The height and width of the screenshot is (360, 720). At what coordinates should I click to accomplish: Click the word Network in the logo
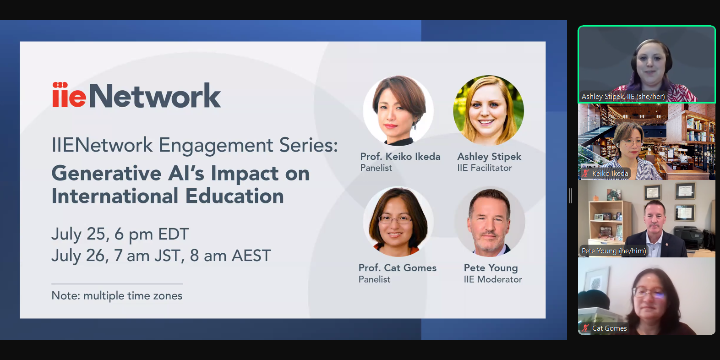(x=155, y=95)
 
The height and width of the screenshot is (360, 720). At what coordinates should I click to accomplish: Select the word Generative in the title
(x=106, y=174)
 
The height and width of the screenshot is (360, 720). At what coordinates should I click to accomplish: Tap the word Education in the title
(x=235, y=196)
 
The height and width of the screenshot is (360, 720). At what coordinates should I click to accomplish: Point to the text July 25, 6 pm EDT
(x=120, y=235)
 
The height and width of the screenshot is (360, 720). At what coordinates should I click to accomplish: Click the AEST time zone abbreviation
(x=251, y=256)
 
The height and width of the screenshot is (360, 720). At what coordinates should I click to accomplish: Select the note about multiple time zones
(x=117, y=295)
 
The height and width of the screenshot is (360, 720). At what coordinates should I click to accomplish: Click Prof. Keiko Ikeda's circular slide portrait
(x=398, y=110)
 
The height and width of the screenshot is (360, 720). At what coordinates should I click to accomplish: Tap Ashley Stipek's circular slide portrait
(x=489, y=110)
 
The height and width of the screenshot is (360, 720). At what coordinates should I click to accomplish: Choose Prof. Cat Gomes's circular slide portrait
(x=398, y=222)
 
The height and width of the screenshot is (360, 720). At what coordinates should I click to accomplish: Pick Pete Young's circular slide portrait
(x=490, y=222)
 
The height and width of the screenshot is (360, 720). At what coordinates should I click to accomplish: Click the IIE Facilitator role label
(x=485, y=168)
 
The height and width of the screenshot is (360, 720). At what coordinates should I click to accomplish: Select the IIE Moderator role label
(x=493, y=279)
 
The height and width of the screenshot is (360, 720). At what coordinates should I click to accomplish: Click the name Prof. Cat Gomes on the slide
(x=397, y=268)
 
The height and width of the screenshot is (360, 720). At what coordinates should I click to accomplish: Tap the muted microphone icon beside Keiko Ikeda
(x=586, y=174)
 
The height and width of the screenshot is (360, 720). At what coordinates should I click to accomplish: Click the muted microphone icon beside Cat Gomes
(x=586, y=328)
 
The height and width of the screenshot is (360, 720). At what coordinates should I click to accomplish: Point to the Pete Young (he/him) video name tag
(x=614, y=251)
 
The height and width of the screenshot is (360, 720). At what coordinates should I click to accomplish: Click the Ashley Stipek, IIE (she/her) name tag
(x=623, y=97)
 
